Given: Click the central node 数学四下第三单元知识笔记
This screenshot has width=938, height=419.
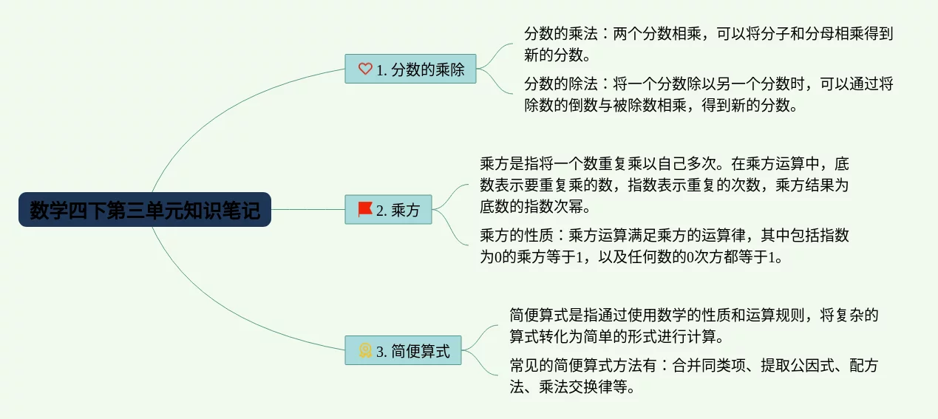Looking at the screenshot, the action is [145, 209].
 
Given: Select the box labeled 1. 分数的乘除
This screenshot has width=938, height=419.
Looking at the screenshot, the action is [410, 69].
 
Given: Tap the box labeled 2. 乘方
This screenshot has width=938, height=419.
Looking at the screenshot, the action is [388, 209].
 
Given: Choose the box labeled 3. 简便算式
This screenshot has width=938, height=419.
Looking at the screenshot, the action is [403, 350].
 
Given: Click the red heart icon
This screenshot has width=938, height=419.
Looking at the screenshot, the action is [365, 69].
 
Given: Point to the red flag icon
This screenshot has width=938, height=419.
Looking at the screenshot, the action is [365, 209].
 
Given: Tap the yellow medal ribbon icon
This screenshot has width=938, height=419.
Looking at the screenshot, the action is [365, 350].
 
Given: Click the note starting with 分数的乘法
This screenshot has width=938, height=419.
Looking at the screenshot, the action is [709, 44].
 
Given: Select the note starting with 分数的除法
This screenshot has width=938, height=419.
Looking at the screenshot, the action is [709, 94].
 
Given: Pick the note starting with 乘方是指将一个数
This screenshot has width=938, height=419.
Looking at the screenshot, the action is [664, 185].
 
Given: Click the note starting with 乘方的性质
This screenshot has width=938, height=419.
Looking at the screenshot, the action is [664, 245].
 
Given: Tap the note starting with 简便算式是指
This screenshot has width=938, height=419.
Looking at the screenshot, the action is [694, 326].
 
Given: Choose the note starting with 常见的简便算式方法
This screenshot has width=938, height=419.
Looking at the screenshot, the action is [694, 376].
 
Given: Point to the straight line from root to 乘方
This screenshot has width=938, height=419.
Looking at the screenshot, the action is [307, 209].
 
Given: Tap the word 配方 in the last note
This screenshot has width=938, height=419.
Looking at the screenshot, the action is [864, 365].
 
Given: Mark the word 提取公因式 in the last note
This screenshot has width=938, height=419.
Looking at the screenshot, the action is [798, 365].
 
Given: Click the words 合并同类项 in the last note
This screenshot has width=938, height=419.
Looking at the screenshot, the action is [709, 365].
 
